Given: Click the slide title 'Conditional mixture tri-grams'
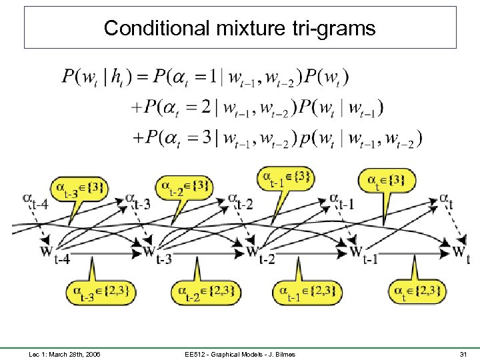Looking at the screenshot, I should point(240,28).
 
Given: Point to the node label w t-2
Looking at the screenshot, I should point(259,254).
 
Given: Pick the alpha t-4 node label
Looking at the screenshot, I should point(34,201).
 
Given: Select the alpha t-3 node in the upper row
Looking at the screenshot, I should point(137,201).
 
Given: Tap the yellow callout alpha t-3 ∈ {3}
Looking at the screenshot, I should point(78,188).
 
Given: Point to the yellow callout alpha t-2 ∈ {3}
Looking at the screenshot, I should point(183,188).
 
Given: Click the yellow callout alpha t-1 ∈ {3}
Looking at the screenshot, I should point(285,179).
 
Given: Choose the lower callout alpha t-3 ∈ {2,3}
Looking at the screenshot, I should point(99,292).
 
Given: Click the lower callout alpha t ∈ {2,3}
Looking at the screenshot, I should point(417,291).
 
